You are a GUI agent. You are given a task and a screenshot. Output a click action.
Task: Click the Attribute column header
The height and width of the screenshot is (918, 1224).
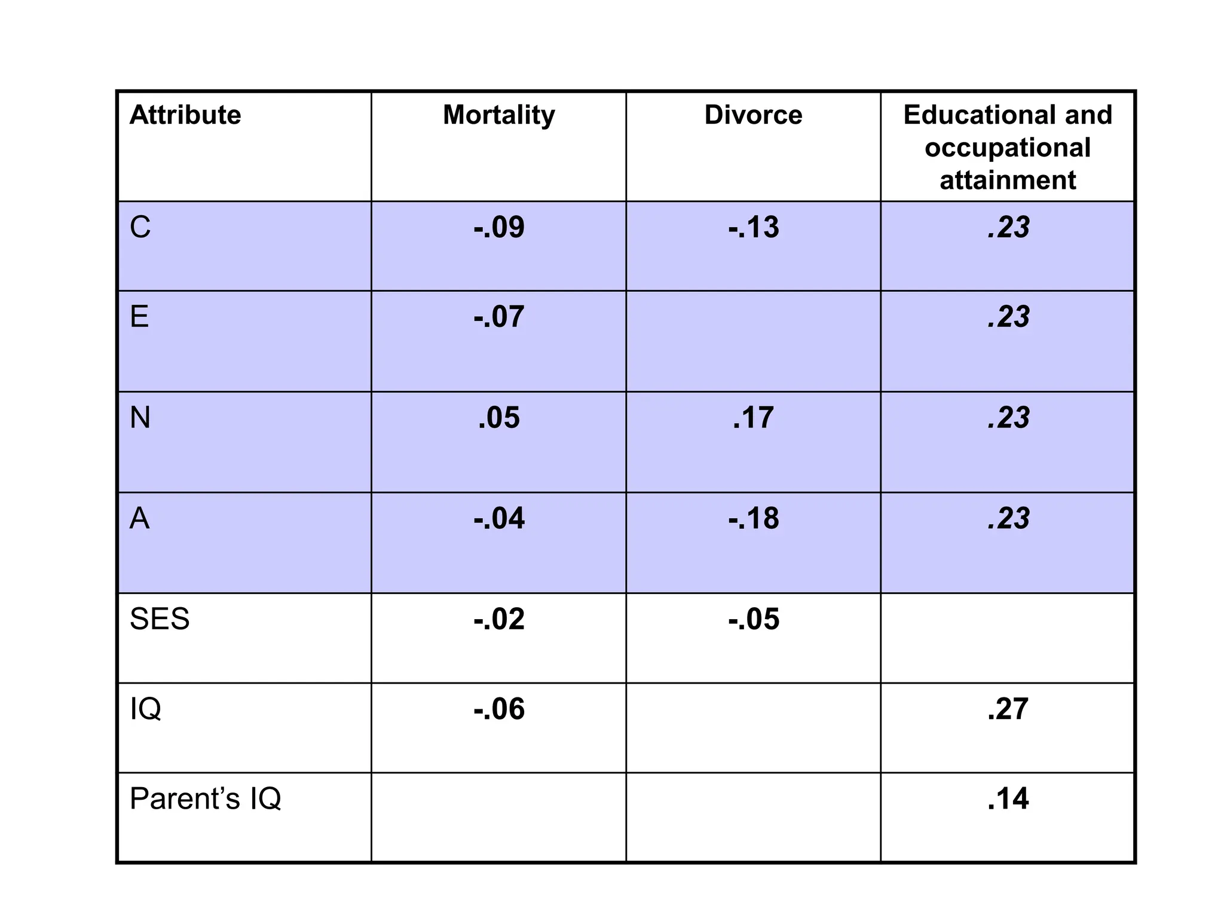click(x=185, y=115)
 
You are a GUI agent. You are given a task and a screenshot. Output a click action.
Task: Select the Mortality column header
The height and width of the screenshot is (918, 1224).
click(x=498, y=115)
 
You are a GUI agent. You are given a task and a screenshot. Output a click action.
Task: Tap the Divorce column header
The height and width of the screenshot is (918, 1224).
click(x=753, y=115)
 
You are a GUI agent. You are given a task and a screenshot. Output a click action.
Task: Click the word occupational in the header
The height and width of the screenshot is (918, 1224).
click(x=1008, y=148)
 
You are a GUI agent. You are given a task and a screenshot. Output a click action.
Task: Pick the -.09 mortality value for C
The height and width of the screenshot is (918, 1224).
click(x=498, y=228)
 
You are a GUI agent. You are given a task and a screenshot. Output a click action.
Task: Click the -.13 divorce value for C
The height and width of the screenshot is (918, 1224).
click(x=753, y=228)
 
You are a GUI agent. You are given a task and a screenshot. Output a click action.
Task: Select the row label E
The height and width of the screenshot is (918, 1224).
click(x=139, y=317)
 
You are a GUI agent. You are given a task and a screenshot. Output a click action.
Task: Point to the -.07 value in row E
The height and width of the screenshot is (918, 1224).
click(x=498, y=317)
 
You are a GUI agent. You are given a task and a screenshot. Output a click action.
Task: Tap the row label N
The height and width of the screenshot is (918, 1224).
click(x=140, y=418)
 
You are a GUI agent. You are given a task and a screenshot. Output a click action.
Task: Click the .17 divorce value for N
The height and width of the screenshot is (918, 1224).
click(x=753, y=418)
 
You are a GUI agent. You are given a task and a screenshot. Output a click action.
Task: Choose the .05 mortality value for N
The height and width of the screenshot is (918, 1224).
click(x=498, y=418)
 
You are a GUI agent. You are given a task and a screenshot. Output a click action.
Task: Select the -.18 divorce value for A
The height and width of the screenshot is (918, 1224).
click(x=753, y=519)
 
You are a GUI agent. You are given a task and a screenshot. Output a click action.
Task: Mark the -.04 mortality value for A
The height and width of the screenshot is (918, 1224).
click(x=498, y=519)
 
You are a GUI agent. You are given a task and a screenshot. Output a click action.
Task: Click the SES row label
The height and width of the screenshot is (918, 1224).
click(x=160, y=619)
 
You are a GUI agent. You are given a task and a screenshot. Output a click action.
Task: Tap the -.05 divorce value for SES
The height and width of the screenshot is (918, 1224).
click(x=753, y=619)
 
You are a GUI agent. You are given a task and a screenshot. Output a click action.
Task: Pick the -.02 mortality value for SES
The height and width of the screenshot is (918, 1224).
click(x=498, y=619)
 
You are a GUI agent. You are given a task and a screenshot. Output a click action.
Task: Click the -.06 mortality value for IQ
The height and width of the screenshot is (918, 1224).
click(x=498, y=709)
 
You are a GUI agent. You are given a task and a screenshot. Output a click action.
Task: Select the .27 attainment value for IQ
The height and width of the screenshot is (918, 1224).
click(x=1008, y=709)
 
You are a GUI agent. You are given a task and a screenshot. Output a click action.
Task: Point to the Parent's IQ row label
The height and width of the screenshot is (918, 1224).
click(x=205, y=799)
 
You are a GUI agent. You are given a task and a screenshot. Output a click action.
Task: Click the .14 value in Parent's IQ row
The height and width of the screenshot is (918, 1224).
click(x=1008, y=799)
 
